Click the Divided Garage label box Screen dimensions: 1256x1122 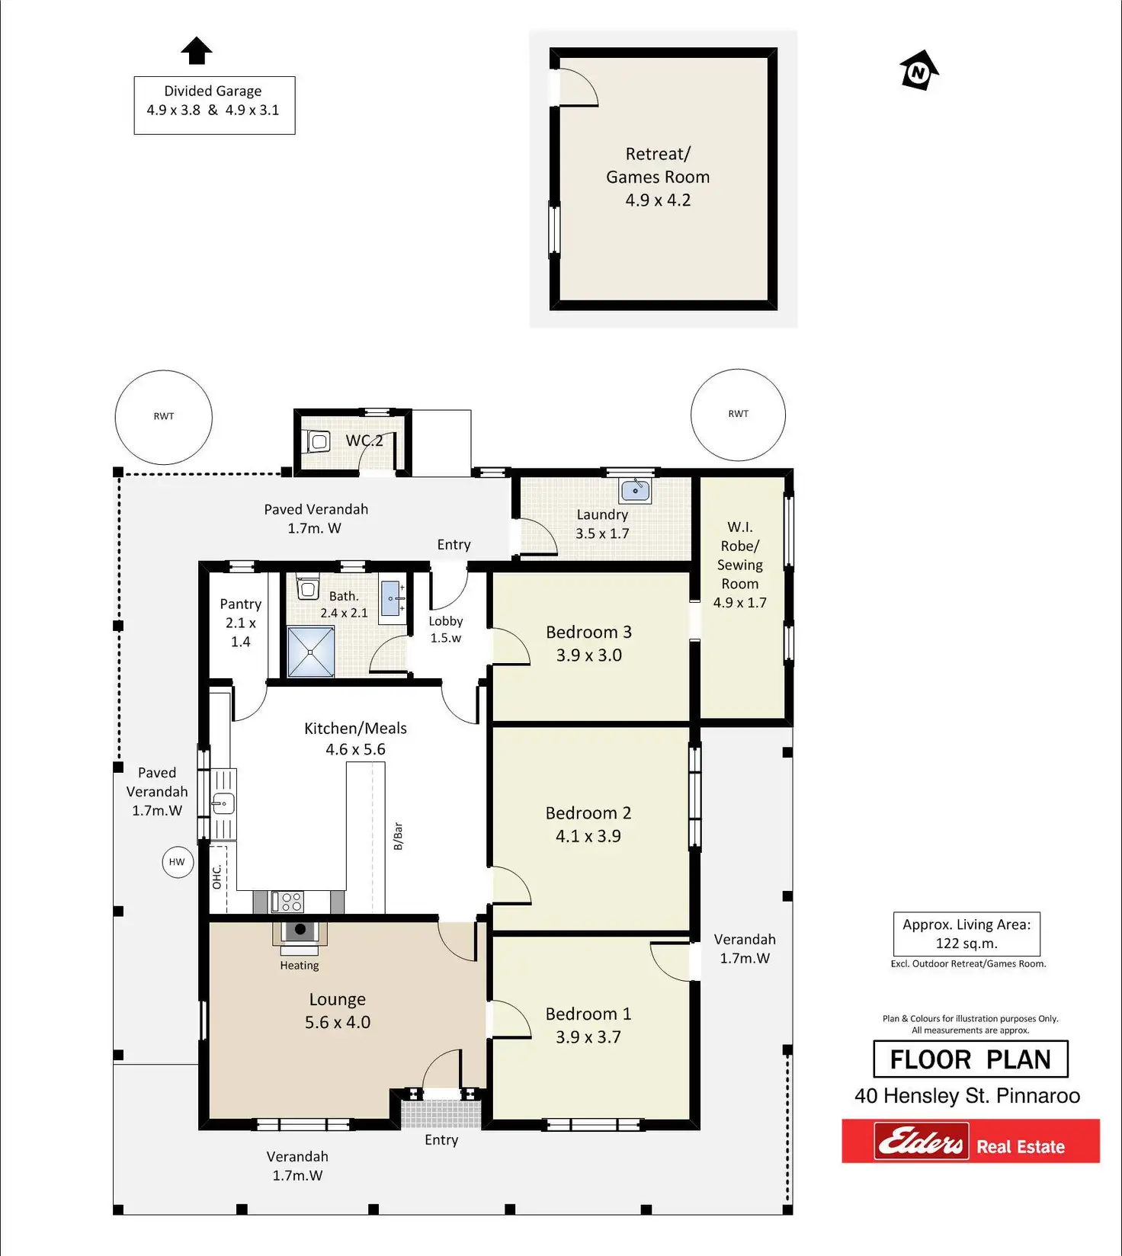coord(214,105)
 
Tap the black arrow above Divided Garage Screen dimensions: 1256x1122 coord(197,51)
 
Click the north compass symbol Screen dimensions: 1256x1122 coord(919,72)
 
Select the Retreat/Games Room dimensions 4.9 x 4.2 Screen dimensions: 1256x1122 coord(658,200)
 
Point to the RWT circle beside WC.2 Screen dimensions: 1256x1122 coord(163,417)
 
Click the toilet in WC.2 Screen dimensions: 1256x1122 coord(318,441)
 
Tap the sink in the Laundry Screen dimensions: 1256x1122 coord(635,490)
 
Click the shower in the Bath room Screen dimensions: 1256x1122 coord(311,652)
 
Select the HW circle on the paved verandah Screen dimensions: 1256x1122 coord(177,862)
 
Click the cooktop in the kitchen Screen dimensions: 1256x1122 coord(290,902)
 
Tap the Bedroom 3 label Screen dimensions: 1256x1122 coord(588,633)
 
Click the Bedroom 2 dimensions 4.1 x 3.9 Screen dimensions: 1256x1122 coord(588,836)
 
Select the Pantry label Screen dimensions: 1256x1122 coord(240,604)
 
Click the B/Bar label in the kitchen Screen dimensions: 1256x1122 coord(398,836)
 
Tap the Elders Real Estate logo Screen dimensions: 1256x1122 coord(970,1141)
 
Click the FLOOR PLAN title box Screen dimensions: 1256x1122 coord(970,1059)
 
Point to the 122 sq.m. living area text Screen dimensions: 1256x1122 coord(967,944)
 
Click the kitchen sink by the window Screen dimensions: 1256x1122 coord(223,803)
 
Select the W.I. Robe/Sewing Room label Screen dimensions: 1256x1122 coord(739,564)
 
